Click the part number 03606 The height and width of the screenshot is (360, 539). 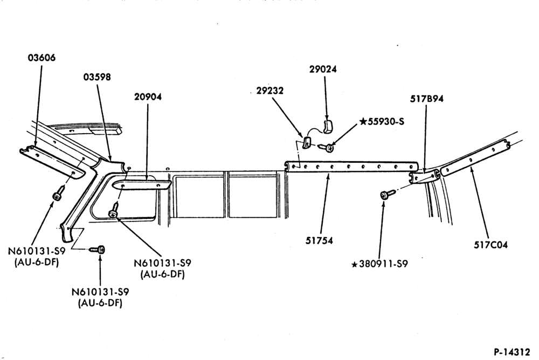42,58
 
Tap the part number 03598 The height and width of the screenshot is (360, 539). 97,77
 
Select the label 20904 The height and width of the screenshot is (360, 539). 148,96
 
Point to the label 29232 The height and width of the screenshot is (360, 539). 270,91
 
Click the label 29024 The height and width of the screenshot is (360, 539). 323,69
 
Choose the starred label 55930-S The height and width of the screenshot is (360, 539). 382,121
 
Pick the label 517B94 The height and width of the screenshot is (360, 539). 426,99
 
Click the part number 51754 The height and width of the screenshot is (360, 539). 319,240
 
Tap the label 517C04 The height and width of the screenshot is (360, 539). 490,245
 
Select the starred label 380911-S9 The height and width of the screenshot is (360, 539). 379,264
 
